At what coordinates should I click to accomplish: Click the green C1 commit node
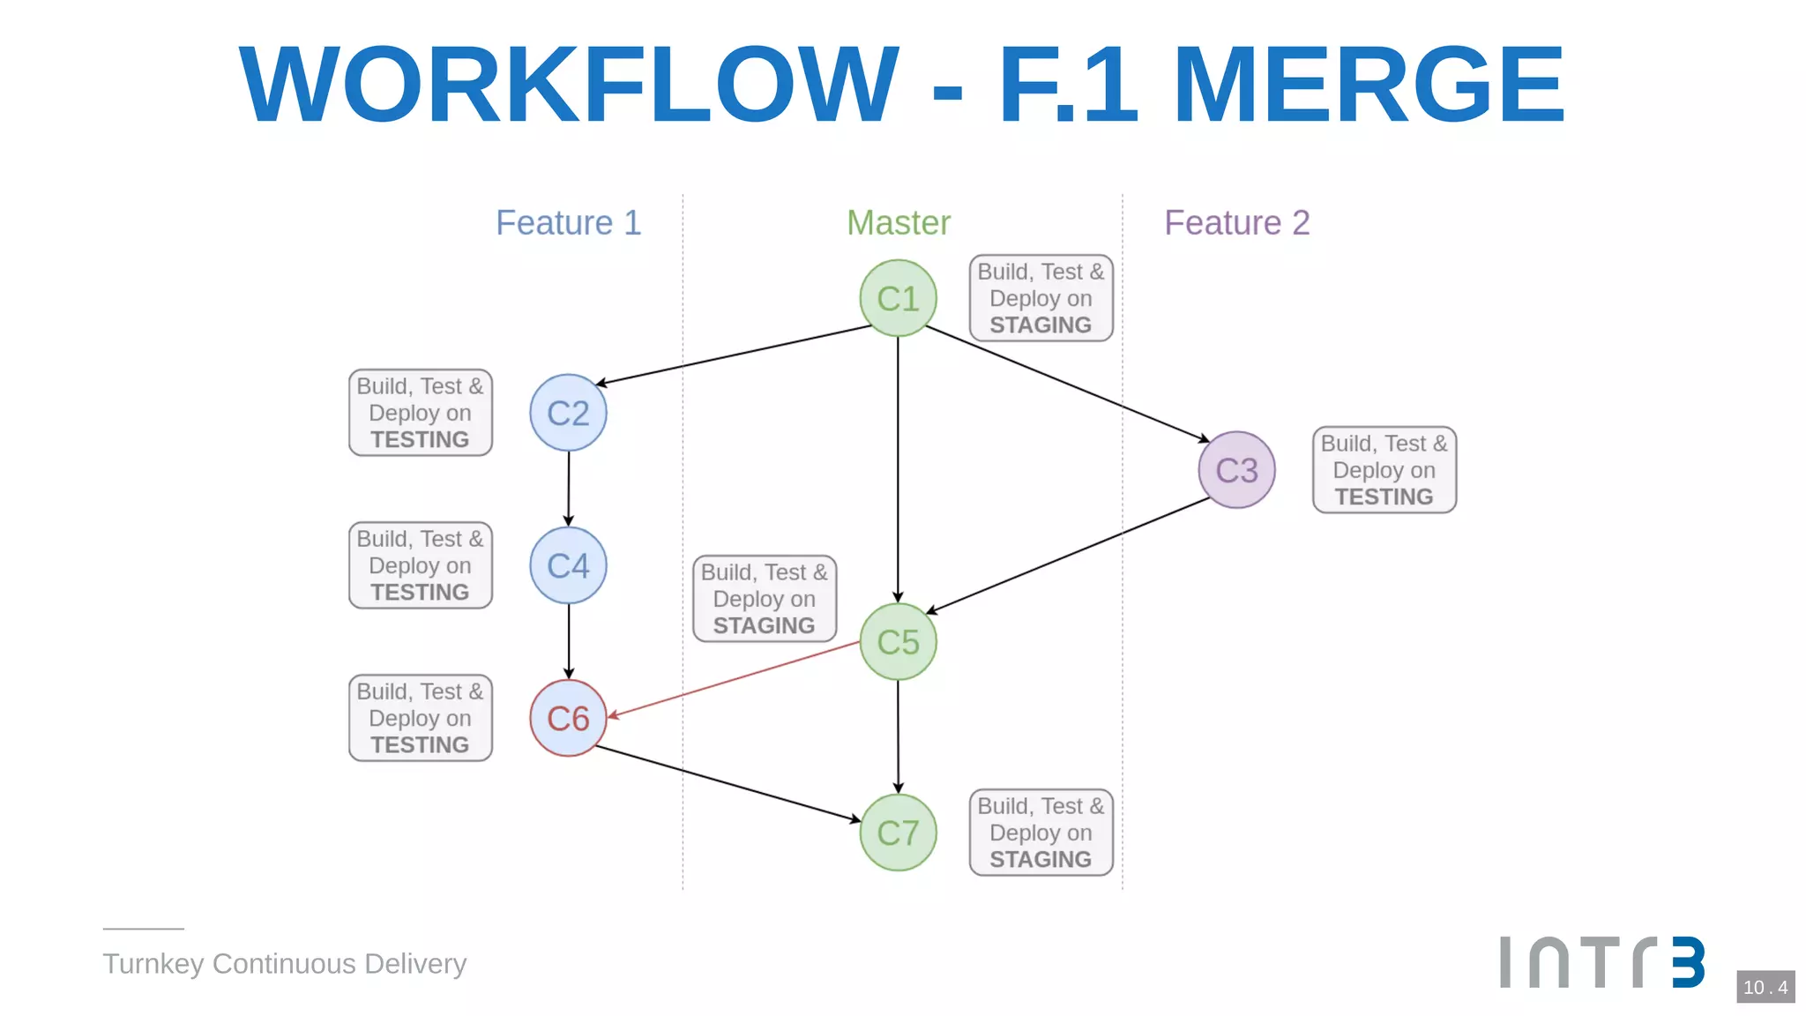[x=898, y=298]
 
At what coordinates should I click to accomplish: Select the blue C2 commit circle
[x=568, y=413]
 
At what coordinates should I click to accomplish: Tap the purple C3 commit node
[x=1236, y=470]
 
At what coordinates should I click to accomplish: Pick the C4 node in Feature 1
[x=568, y=565]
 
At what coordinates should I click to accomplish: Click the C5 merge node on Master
[x=898, y=641]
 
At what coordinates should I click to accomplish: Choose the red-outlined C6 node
[x=568, y=718]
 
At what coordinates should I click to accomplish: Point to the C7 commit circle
[x=898, y=833]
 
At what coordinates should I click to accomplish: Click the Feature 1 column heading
[x=568, y=222]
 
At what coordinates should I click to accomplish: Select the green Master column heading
[x=898, y=222]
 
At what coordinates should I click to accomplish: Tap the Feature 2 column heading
[x=1236, y=222]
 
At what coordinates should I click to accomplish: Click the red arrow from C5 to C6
[x=732, y=680]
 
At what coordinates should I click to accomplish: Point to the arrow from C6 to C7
[x=728, y=784]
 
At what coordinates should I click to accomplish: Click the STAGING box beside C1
[x=1041, y=298]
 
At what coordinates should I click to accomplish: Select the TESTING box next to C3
[x=1384, y=470]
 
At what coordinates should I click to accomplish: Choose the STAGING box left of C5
[x=764, y=599]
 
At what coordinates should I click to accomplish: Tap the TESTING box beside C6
[x=420, y=718]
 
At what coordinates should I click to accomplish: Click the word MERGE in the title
[x=1368, y=86]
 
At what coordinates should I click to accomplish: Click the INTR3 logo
[x=1601, y=962]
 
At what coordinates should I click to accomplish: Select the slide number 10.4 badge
[x=1765, y=987]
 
